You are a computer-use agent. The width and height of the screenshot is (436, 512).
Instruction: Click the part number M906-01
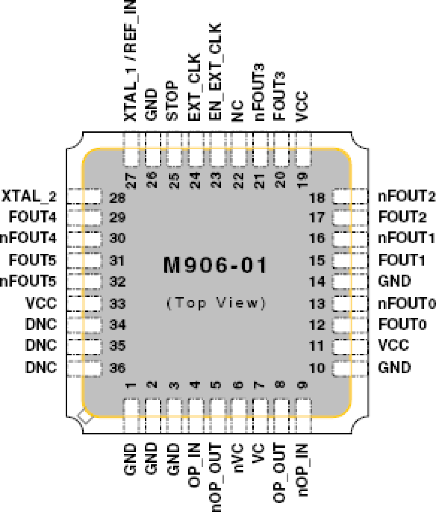coord(215,266)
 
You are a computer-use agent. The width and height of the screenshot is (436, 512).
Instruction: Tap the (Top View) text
coord(216,303)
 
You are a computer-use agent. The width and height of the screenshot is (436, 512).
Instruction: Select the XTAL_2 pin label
coord(29,196)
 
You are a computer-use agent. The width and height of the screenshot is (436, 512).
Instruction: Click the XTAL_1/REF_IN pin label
coord(131,61)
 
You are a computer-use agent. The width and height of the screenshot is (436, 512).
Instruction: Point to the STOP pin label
coord(173,101)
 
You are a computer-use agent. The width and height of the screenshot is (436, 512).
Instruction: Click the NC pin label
coord(238,111)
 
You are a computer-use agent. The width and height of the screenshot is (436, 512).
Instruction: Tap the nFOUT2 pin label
coord(406,196)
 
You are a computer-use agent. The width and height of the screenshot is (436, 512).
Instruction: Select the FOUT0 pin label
coord(402,325)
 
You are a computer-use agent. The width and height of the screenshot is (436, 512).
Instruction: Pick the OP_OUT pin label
coord(280,473)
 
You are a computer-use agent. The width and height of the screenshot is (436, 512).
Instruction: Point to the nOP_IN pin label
coord(302,470)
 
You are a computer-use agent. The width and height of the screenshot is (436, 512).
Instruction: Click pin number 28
coord(117,198)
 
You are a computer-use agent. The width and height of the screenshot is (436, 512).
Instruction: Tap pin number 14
coord(317,282)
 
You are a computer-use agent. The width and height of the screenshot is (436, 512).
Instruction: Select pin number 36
coord(117,368)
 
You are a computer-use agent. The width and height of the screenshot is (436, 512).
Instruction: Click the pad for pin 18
coord(350,196)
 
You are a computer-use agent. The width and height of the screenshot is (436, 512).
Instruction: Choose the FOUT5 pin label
coord(32,260)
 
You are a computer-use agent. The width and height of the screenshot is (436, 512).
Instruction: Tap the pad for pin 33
coord(84,303)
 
